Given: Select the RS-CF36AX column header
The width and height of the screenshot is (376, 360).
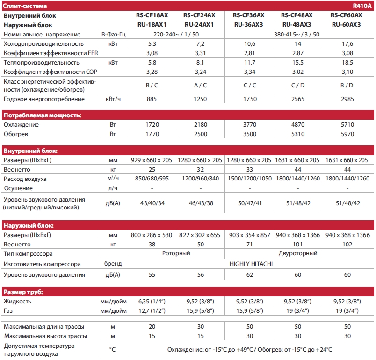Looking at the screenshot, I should [249, 15].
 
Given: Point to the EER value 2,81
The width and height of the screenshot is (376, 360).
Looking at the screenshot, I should [249, 52].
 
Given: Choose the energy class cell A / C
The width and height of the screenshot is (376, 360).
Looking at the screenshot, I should [200, 85].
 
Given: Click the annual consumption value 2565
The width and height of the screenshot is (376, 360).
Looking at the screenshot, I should [297, 99].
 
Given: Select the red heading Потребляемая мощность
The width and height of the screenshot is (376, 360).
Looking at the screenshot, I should [43, 115].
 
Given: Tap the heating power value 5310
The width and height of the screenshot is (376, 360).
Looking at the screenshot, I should [297, 134].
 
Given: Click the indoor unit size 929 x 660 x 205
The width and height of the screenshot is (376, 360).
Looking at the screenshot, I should [152, 160].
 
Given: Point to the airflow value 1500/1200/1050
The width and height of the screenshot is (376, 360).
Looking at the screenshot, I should [249, 179].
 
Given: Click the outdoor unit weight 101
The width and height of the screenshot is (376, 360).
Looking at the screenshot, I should [297, 244].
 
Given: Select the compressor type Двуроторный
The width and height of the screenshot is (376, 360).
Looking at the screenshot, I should [297, 253].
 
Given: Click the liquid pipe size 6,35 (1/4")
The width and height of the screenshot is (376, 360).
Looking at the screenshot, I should [152, 302].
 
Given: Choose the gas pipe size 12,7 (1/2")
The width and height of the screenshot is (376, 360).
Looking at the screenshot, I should [152, 310].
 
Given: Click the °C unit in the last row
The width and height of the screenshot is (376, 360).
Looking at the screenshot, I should [113, 349].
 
